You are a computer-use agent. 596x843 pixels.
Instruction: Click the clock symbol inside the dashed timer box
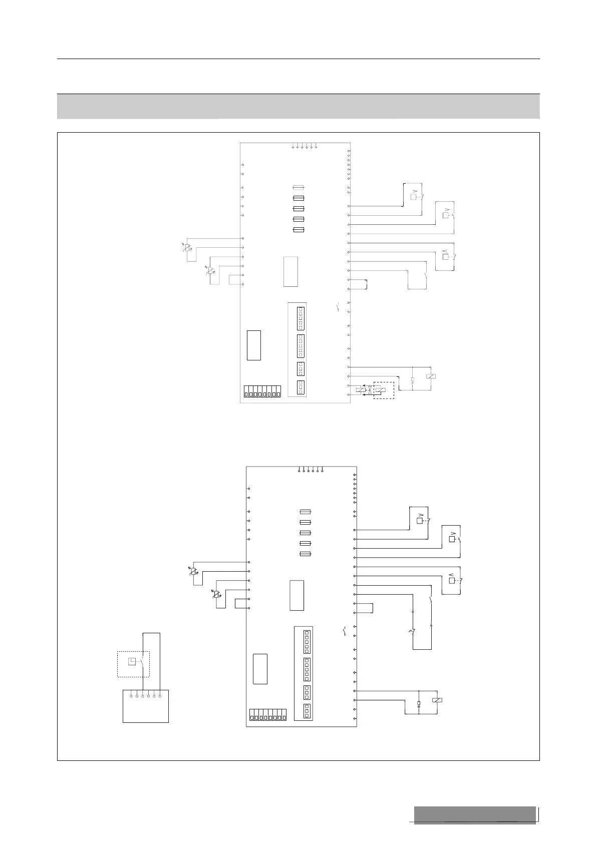tap(132, 661)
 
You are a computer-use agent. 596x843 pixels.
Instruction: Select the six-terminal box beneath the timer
tap(146, 706)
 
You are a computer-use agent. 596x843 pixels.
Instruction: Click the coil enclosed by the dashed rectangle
tap(381, 390)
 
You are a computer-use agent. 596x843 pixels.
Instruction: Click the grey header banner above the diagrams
tap(298, 106)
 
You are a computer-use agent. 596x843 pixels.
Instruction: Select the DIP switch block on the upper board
tap(262, 391)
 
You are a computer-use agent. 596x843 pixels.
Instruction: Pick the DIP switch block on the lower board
tap(268, 715)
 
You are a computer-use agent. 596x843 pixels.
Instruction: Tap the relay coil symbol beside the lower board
tap(437, 700)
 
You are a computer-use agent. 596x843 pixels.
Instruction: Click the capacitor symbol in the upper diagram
tap(412, 380)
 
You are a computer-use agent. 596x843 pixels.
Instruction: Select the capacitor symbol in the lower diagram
tap(419, 704)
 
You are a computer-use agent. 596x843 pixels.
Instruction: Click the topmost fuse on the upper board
tap(299, 188)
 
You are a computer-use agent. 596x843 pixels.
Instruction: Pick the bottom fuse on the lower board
tap(305, 554)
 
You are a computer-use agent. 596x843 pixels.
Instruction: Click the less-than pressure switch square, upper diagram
tap(445, 257)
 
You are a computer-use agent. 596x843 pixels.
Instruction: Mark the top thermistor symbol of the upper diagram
tap(187, 247)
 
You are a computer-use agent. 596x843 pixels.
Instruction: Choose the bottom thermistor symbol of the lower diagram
tap(216, 595)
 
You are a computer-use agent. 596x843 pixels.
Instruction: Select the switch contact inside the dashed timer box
tap(143, 660)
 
